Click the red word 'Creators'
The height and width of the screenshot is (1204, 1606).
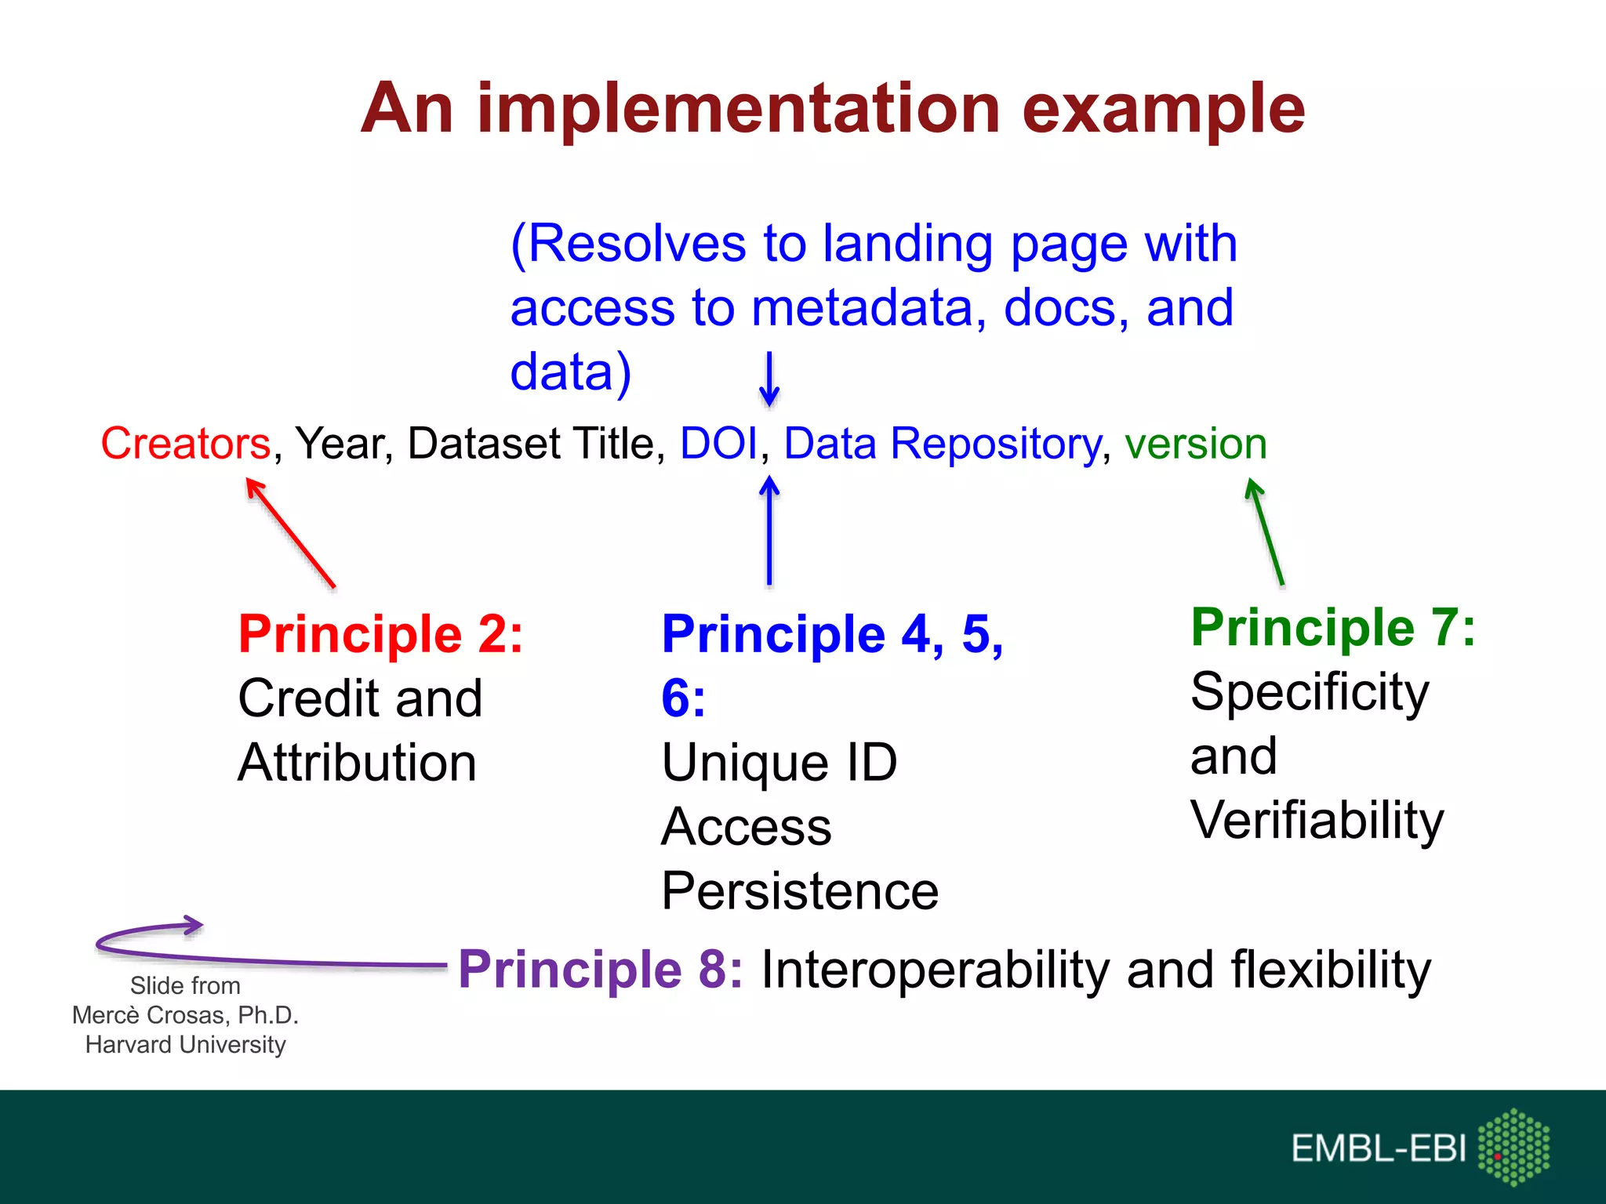(186, 444)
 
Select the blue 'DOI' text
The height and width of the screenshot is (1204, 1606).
(718, 444)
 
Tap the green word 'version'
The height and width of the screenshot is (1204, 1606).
(1195, 444)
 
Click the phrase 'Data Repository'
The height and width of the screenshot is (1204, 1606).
(943, 444)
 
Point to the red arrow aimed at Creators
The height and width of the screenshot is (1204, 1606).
(291, 532)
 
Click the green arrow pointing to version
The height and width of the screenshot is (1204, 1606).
(1265, 532)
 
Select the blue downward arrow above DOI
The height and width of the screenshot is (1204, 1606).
(769, 379)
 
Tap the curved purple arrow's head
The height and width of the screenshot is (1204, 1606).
(192, 925)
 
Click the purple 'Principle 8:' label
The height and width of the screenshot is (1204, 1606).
(600, 970)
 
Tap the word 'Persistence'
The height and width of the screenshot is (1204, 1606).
(800, 891)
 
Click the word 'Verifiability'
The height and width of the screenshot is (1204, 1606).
(1317, 821)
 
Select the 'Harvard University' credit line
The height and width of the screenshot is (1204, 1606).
(185, 1045)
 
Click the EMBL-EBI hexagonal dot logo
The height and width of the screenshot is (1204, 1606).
(1513, 1147)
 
